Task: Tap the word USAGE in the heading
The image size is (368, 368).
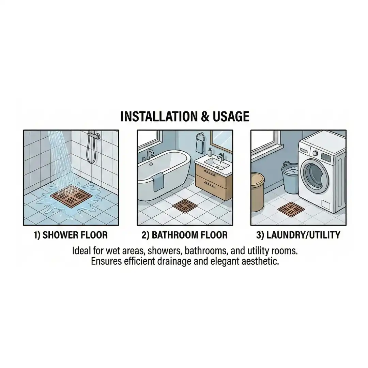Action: tap(231, 117)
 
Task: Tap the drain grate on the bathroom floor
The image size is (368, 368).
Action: tap(184, 206)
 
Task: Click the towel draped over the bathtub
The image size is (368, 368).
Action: tap(158, 181)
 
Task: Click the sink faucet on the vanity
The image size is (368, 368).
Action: tap(221, 156)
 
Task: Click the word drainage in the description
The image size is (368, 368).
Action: tap(174, 261)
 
